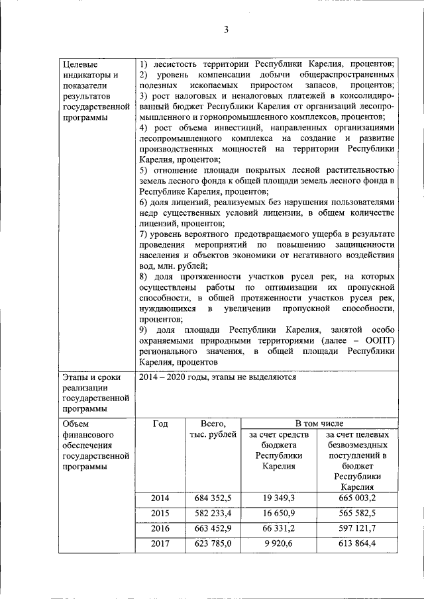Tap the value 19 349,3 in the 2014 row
[x=278, y=498]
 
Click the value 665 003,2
[x=356, y=498]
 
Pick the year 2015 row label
[x=160, y=514]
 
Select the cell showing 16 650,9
[x=278, y=514]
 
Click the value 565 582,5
[x=356, y=514]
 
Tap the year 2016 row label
[x=160, y=529]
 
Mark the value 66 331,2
[x=278, y=529]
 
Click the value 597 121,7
[x=356, y=529]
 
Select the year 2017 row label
[x=160, y=544]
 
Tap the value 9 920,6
[x=278, y=544]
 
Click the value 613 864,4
[x=356, y=544]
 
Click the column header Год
[x=160, y=424]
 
